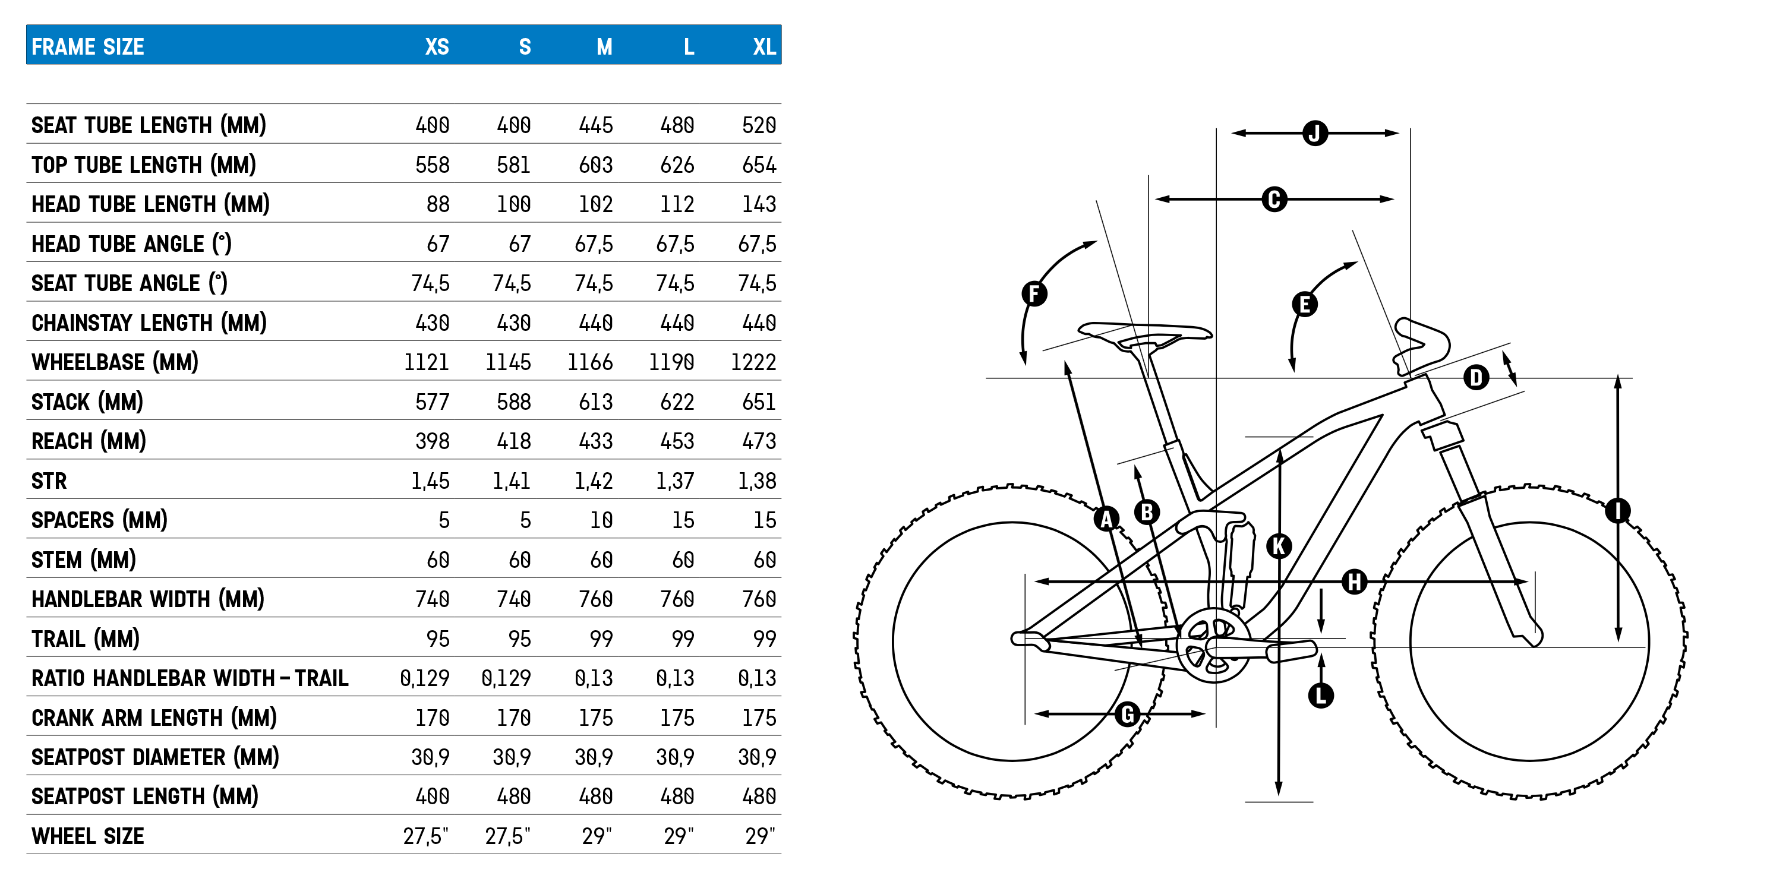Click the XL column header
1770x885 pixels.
(x=763, y=47)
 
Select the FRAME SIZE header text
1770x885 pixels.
(x=88, y=47)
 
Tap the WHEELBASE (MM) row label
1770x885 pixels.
(x=115, y=362)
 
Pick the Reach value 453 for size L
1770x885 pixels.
(x=677, y=441)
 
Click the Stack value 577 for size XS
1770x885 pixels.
(x=432, y=402)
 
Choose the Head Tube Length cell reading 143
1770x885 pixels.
(x=759, y=204)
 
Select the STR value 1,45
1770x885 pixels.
(x=430, y=481)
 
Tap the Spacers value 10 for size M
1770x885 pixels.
(x=601, y=520)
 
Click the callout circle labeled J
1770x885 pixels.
(x=1314, y=132)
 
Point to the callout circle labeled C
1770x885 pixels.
(x=1274, y=199)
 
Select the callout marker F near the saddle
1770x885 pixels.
(x=1034, y=293)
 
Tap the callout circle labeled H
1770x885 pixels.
(x=1354, y=582)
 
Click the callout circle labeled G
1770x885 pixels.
(x=1128, y=715)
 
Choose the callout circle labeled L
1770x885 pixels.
(x=1321, y=696)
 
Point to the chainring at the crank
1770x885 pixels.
(x=1213, y=646)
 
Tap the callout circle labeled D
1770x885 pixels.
(x=1476, y=377)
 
